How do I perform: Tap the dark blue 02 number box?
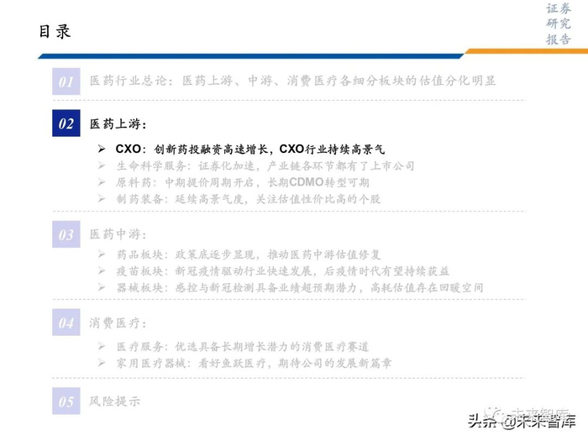point(66,124)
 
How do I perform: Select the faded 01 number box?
point(66,81)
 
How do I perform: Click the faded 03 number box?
point(66,234)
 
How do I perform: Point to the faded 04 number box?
point(66,323)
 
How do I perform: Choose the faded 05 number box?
point(66,402)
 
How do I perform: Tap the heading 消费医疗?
point(118,323)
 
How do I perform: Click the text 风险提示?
point(115,402)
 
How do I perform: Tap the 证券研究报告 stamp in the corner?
point(559,24)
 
